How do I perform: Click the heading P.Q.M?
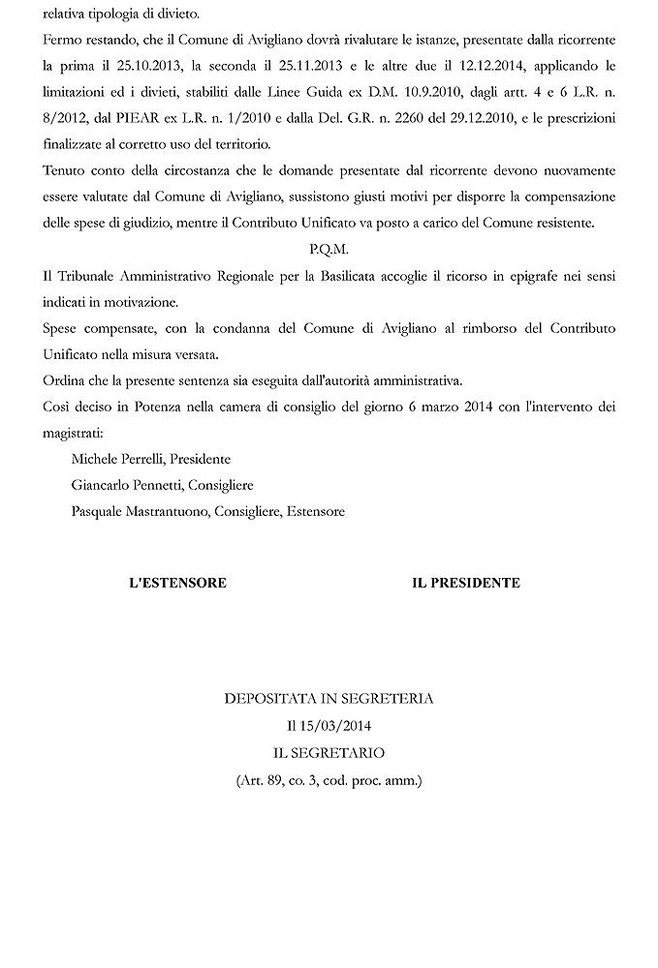329,249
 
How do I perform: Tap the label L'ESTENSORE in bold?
178,583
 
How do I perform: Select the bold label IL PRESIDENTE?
465,583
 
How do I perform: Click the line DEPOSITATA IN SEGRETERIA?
329,698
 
